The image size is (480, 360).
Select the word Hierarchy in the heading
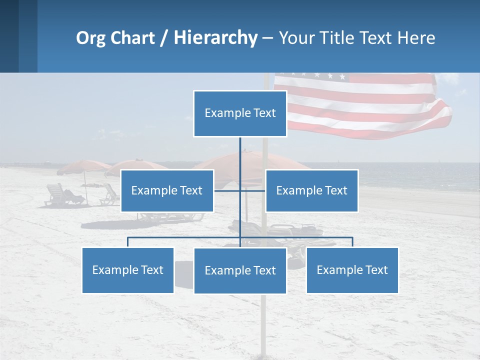coord(215,38)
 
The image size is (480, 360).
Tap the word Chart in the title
coord(133,38)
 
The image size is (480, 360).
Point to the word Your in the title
coord(297,38)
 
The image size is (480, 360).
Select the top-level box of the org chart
coord(240,113)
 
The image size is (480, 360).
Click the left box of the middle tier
coord(167,190)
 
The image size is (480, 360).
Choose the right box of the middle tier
coord(311,190)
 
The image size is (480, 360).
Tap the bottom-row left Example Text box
coord(128,270)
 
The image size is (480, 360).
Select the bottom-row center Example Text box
coord(240,270)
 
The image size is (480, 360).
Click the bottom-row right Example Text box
coord(352,270)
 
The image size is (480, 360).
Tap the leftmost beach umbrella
coord(83,166)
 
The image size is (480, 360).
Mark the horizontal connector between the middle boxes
coord(239,190)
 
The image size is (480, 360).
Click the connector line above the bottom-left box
coord(128,241)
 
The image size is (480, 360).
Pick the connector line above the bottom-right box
coord(352,241)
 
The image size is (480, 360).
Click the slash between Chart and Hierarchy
coord(163,38)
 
